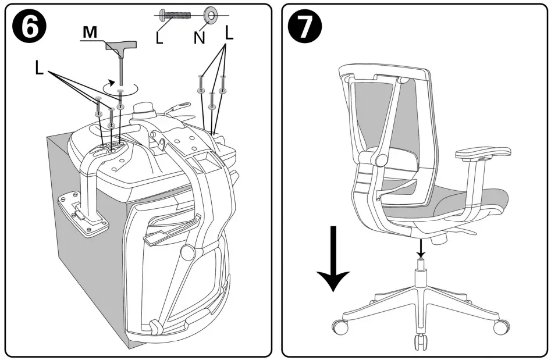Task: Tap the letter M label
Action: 90,33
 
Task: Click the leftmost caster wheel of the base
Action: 340,327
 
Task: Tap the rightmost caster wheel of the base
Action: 500,327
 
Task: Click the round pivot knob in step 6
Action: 187,252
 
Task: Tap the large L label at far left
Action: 39,69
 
